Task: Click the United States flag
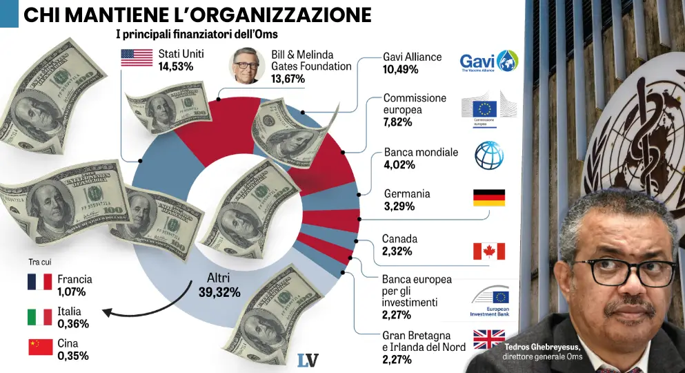click(137, 58)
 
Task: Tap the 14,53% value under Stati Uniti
click(175, 67)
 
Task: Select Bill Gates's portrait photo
click(246, 66)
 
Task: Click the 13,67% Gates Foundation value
click(288, 79)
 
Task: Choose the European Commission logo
click(488, 112)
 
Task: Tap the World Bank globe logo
click(489, 155)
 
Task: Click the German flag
click(488, 198)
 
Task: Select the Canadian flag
click(488, 251)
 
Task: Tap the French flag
click(40, 282)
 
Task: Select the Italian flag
click(40, 317)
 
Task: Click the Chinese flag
click(40, 347)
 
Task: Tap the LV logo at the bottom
click(307, 360)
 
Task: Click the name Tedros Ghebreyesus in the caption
click(542, 347)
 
